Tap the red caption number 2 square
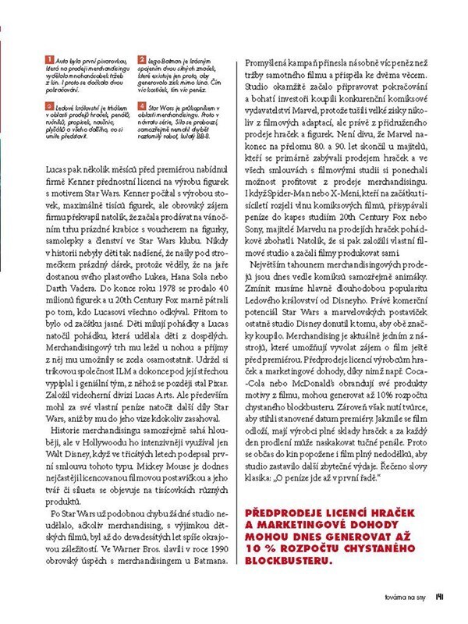click(141, 59)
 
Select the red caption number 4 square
click(141, 103)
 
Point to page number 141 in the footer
click(441, 600)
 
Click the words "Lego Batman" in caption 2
click(164, 58)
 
